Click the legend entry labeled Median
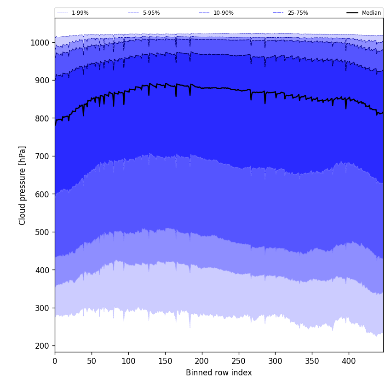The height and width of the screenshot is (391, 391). click(371, 13)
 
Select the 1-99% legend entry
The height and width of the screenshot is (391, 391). click(80, 13)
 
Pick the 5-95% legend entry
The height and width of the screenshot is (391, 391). click(151, 13)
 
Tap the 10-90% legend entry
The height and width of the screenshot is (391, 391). click(223, 13)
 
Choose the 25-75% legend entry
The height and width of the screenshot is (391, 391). click(298, 13)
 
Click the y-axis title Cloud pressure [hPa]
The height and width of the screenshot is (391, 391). click(23, 185)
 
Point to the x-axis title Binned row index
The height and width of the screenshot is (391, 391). click(219, 373)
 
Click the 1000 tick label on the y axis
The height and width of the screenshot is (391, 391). click(40, 43)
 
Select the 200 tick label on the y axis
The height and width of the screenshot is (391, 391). click(42, 346)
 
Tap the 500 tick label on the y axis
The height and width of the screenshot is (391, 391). click(42, 232)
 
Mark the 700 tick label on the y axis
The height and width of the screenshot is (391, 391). click(42, 156)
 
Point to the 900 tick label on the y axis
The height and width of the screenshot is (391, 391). click(42, 80)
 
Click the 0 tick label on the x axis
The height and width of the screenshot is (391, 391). click(55, 361)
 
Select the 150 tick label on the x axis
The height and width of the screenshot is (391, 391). click(165, 361)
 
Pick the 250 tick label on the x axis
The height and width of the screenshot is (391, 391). click(238, 361)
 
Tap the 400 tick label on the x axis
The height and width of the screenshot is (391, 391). click(349, 361)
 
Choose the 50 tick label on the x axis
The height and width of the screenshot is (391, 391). click(92, 361)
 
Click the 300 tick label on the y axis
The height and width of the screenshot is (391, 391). click(42, 308)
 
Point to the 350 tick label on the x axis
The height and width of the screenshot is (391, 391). click(312, 361)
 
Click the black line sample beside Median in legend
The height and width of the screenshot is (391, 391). click(353, 13)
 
